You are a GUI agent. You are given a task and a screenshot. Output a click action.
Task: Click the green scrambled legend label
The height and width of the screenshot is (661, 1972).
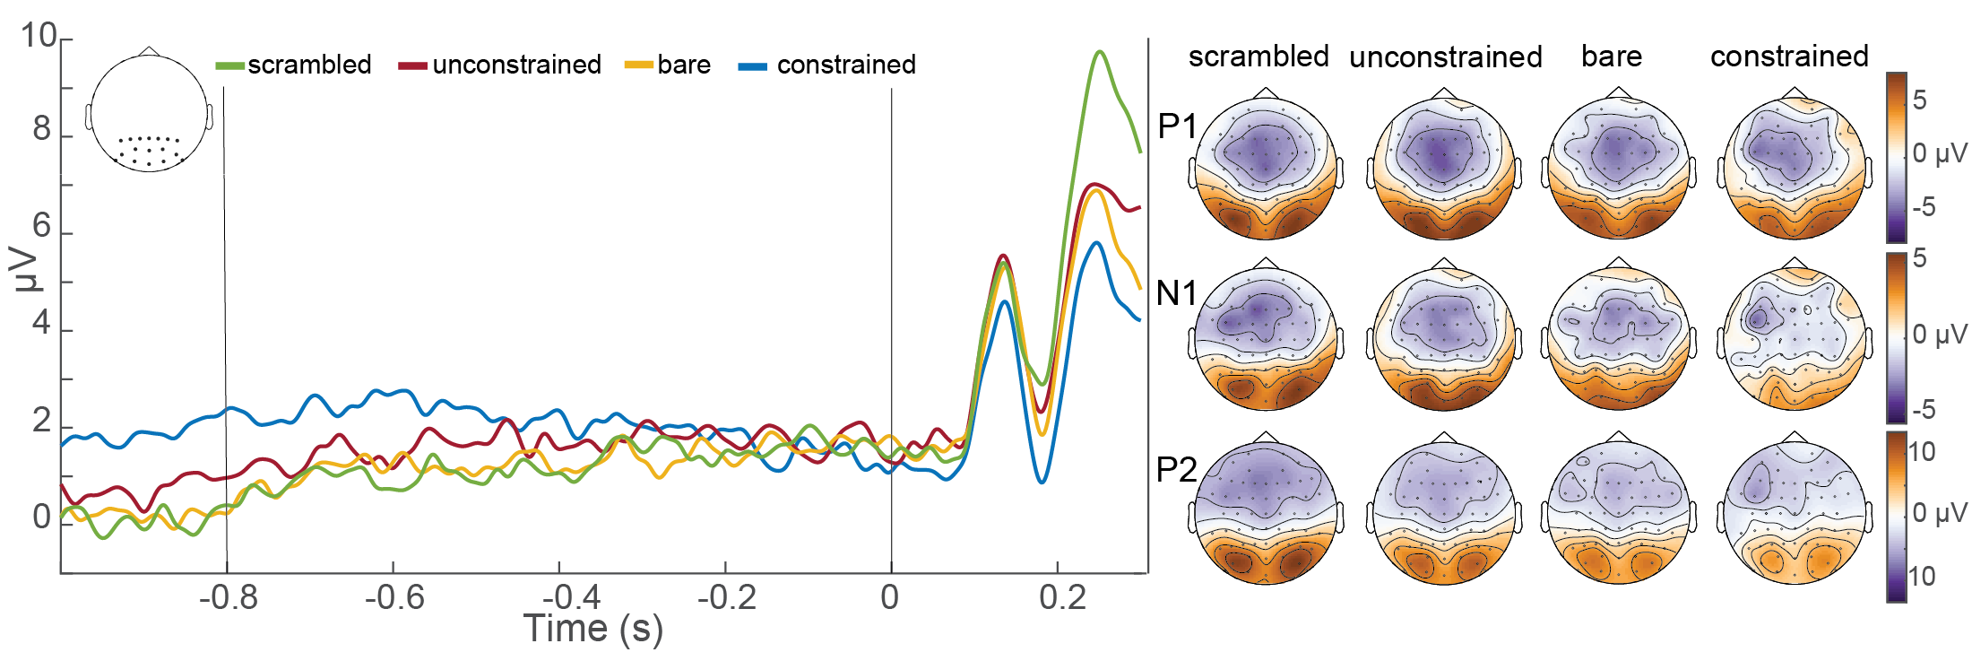pos(308,65)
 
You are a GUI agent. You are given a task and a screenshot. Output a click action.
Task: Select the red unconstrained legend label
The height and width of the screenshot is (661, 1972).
pos(515,65)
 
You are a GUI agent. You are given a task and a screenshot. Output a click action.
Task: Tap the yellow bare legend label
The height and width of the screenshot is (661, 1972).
pos(683,65)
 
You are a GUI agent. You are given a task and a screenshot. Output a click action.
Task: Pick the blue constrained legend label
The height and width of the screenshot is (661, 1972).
pos(845,65)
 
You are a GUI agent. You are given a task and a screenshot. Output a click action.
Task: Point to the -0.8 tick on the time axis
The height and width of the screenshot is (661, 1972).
pos(228,597)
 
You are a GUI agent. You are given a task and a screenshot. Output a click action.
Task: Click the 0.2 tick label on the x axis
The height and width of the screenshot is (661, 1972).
pos(1062,597)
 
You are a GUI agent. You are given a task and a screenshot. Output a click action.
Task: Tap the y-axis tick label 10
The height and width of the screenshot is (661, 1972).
pos(39,36)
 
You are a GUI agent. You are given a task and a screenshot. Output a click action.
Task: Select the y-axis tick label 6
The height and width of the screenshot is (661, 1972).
pos(42,226)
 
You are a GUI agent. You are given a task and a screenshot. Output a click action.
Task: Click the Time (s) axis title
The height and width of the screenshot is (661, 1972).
pos(592,629)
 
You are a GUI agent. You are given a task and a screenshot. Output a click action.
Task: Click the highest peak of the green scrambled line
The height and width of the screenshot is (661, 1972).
pos(1100,52)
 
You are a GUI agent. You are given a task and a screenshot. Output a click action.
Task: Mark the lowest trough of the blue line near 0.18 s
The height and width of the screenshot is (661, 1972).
pos(1042,482)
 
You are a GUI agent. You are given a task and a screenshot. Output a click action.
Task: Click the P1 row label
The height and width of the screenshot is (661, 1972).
pos(1177,126)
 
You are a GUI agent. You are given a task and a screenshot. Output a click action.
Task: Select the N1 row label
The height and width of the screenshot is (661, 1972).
pos(1177,293)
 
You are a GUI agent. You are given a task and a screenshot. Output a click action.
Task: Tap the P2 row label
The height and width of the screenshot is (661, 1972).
pos(1177,469)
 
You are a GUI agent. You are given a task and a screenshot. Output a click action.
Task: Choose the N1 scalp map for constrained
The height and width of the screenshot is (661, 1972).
pos(1794,338)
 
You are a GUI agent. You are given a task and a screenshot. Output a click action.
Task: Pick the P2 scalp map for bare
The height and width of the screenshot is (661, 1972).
pos(1618,512)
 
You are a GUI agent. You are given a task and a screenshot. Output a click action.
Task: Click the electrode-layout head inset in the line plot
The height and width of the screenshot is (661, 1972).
pos(150,111)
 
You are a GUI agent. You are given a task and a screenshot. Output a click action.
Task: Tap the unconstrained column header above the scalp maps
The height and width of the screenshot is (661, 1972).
pos(1445,57)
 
